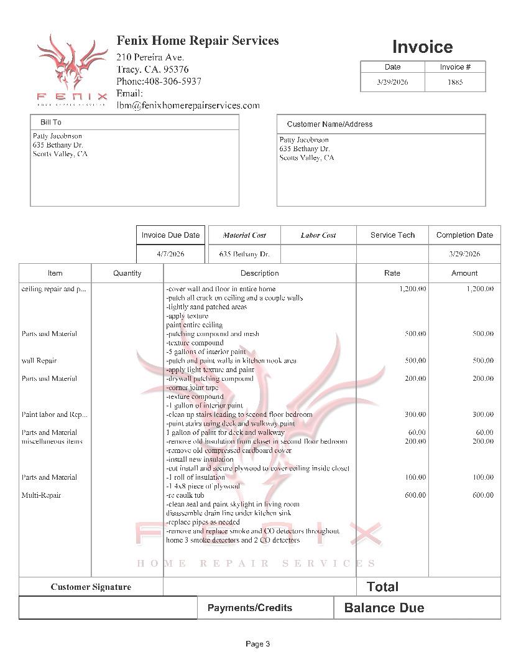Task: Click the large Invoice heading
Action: pos(422,47)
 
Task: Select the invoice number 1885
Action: pos(455,82)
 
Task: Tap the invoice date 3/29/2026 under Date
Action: pos(392,82)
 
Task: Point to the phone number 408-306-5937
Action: pos(173,82)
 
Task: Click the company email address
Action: pos(188,105)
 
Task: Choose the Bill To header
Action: pos(51,123)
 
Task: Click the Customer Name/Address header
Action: pos(329,124)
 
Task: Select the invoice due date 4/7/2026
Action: pos(170,254)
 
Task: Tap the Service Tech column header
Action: pos(392,235)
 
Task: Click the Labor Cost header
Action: pos(318,235)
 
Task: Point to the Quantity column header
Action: pos(127,273)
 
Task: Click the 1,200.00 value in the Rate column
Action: pos(412,289)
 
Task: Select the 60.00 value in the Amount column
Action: pos(484,432)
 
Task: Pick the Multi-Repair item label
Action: pos(41,495)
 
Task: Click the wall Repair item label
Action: pos(39,361)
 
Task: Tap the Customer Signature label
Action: pos(91,587)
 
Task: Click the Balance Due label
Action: pos(384,608)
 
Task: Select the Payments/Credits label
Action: pos(249,608)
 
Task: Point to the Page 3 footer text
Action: pos(257,644)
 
